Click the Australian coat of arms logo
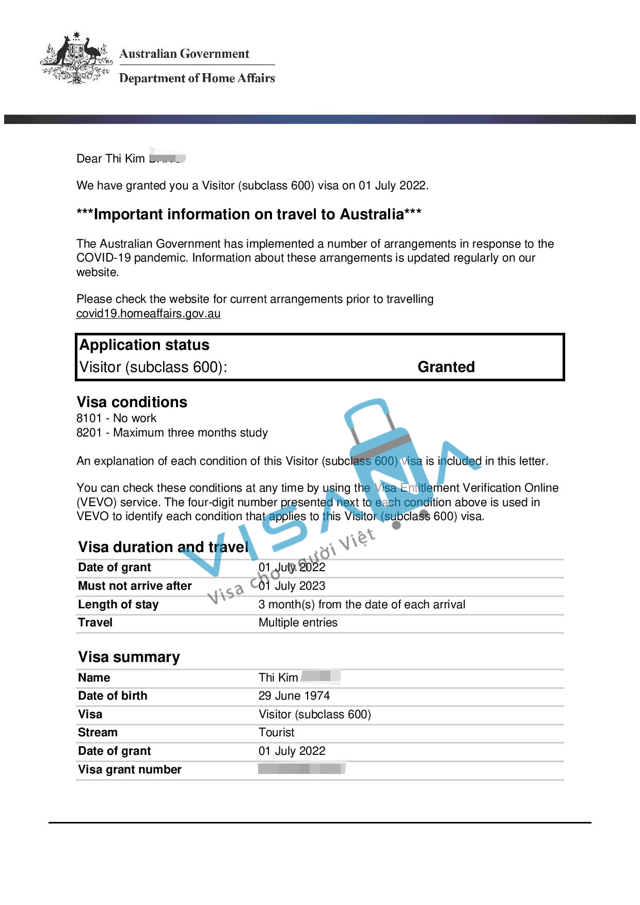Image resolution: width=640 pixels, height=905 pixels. (76, 58)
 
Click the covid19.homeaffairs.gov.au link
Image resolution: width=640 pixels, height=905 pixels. (148, 314)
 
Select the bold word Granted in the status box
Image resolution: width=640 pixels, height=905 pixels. (446, 367)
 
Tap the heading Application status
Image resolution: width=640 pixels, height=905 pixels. (145, 345)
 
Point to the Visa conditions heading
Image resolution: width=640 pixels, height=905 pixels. (132, 402)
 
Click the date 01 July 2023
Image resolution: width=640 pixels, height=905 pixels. (292, 586)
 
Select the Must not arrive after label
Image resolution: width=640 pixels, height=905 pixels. (135, 586)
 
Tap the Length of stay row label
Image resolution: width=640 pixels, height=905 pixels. (118, 605)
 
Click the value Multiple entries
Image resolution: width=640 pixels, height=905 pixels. (298, 623)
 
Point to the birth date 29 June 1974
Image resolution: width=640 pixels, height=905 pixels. (294, 696)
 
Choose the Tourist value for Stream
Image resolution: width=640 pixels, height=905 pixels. (277, 733)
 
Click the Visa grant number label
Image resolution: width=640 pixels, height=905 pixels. (130, 770)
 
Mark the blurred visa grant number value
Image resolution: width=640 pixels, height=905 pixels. (301, 769)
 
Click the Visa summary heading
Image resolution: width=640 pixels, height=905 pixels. (129, 657)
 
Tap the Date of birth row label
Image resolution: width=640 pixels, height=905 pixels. (113, 696)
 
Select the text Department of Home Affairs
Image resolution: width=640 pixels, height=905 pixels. (197, 78)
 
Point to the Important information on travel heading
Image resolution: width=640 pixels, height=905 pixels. (249, 214)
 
